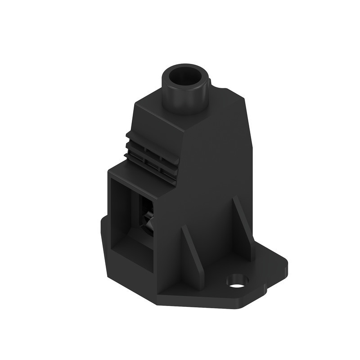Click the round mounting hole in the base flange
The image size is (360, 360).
(237, 281)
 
